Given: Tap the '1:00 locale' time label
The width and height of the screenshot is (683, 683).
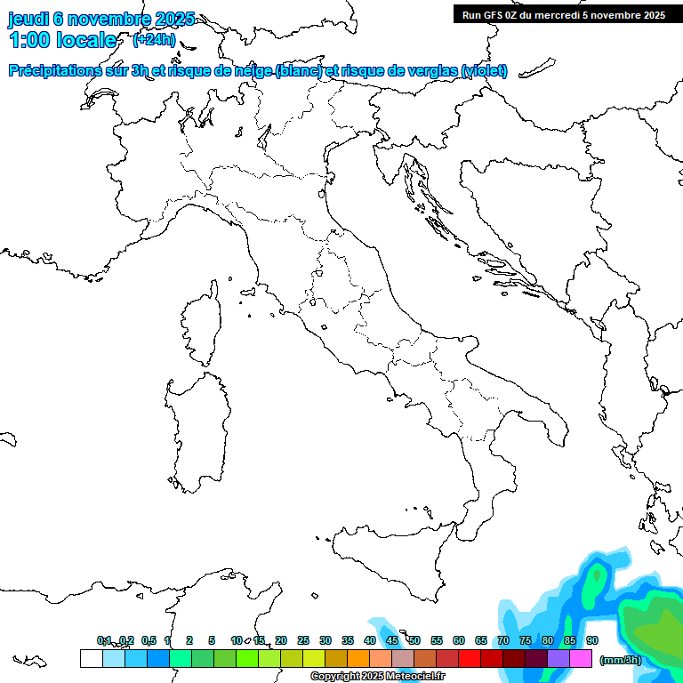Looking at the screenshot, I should (63, 40).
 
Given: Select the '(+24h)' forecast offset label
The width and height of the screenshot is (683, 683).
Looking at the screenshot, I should (154, 40).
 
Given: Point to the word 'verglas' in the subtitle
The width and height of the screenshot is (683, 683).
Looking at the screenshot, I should (432, 71).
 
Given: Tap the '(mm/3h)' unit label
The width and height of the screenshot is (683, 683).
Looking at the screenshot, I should (621, 660).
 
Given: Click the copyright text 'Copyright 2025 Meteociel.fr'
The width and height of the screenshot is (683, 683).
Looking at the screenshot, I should (378, 677).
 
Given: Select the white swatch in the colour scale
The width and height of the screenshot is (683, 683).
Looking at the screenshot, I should (91, 659).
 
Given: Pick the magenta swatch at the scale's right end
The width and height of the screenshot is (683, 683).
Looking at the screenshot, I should (581, 659).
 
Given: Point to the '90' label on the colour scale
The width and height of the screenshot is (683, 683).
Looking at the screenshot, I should (592, 640).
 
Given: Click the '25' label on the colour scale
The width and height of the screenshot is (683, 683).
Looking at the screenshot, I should (303, 640).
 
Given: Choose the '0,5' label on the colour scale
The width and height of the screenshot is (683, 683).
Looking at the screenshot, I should (149, 640).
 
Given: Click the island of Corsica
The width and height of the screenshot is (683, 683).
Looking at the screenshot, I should (200, 321).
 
